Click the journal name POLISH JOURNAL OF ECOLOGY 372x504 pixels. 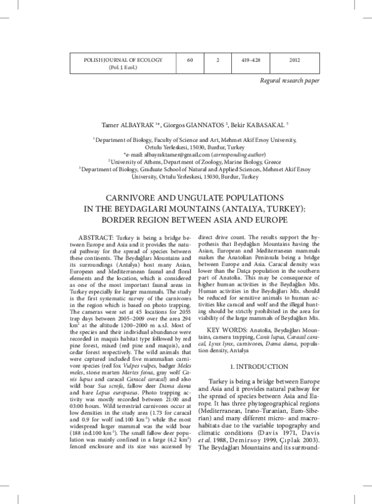117,60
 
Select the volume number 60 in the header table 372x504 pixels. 190,60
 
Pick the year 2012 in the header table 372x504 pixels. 295,60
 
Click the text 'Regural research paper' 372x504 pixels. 290,81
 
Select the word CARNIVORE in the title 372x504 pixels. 135,198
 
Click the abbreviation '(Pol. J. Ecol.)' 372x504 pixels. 117,67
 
